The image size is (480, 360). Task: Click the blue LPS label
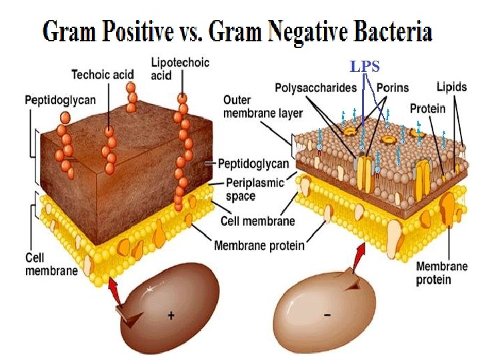tap(365, 67)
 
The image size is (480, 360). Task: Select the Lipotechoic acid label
tap(180, 69)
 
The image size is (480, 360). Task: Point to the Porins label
tap(393, 87)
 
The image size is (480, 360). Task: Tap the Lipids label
tap(451, 87)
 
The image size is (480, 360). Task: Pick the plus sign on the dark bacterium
tap(171, 315)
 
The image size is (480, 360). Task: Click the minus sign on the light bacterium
tap(327, 314)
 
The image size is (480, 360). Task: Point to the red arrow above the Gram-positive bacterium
tap(114, 291)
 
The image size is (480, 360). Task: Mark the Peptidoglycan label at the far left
tap(60, 101)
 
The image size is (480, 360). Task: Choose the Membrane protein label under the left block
tap(259, 245)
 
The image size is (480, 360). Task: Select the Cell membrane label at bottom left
tap(51, 264)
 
